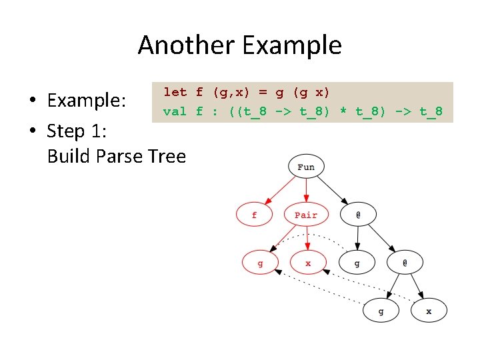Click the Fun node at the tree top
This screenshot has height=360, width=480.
306,167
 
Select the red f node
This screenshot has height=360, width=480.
254,215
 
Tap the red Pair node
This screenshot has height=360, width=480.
306,215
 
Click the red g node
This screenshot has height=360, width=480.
259,263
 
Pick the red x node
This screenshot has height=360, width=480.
308,263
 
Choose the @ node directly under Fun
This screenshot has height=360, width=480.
358,215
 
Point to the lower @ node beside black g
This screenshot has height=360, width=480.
405,263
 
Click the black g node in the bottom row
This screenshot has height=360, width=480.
381,311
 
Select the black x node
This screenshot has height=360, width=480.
429,311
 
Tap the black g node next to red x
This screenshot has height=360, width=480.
357,263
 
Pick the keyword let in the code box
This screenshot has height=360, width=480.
175,93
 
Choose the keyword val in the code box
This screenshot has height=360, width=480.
175,111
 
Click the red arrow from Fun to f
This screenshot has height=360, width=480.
279,191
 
